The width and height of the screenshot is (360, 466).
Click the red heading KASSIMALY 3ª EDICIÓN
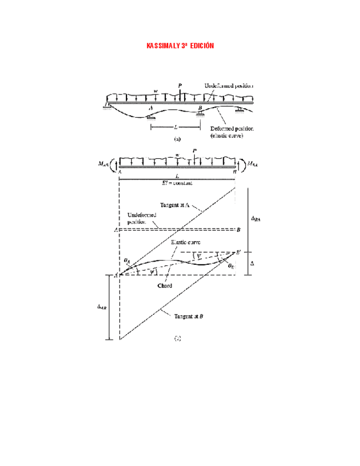tap(180, 45)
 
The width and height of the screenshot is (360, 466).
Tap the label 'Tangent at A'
tap(175, 205)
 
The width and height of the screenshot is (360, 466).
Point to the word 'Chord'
tap(164, 286)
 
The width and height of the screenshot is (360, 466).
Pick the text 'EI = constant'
tap(178, 182)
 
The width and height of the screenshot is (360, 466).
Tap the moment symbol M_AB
tap(102, 163)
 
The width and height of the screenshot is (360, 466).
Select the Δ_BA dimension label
tap(256, 218)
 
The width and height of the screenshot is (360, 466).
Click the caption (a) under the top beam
tap(177, 140)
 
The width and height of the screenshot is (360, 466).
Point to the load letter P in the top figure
tap(180, 86)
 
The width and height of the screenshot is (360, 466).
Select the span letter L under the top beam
tap(175, 126)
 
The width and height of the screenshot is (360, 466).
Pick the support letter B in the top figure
tap(200, 108)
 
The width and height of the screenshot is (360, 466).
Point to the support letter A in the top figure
tap(150, 109)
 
